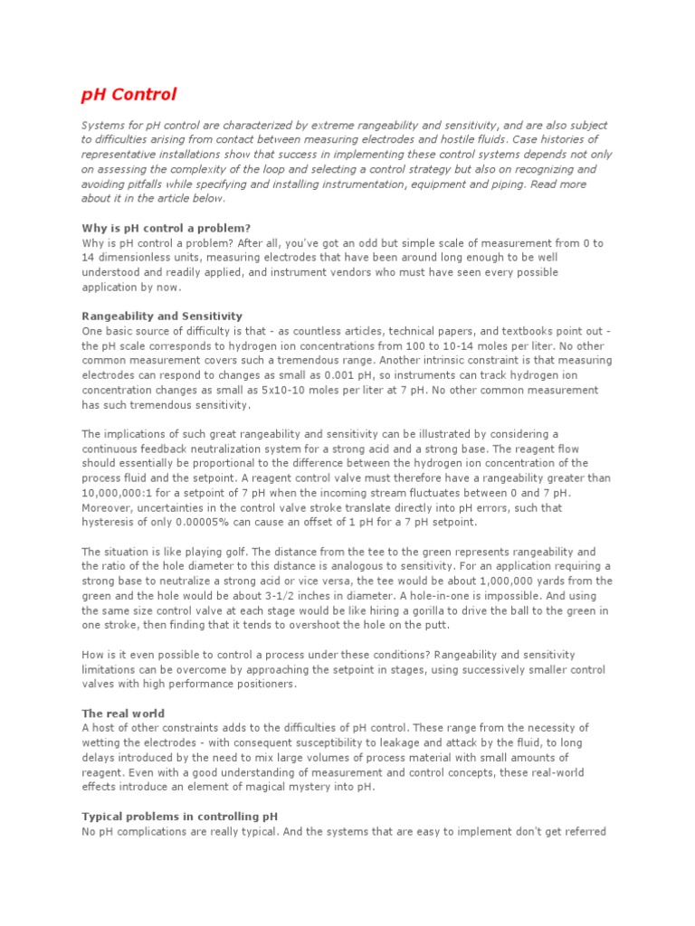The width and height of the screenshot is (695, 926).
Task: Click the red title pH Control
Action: coord(129,94)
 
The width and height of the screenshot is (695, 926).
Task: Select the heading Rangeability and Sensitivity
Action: coord(162,316)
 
